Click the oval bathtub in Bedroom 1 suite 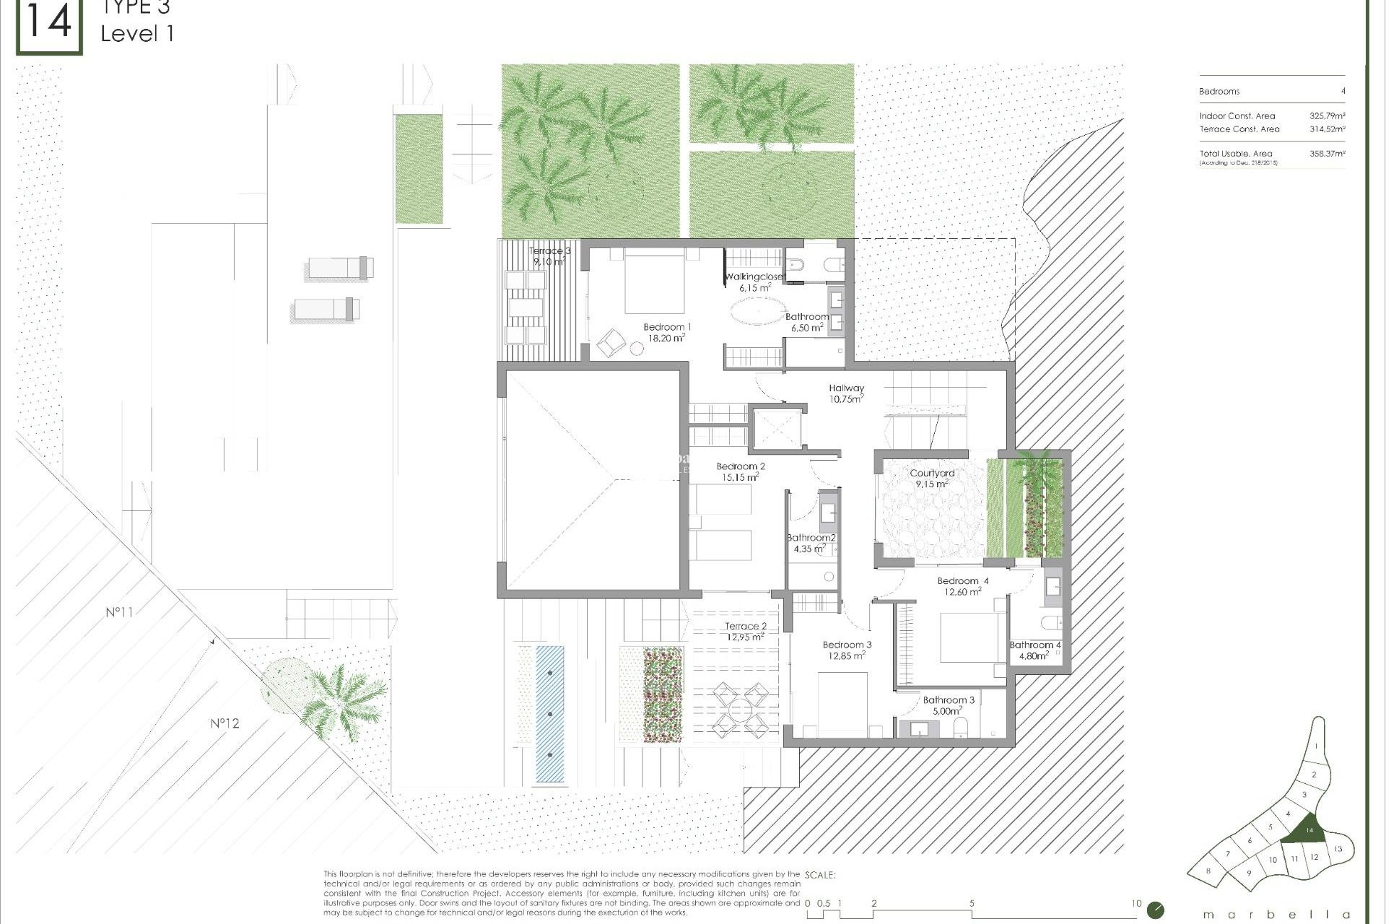pyautogui.click(x=757, y=313)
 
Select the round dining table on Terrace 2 pyautogui.click(x=741, y=710)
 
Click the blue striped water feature pyautogui.click(x=550, y=713)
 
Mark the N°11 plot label pyautogui.click(x=119, y=612)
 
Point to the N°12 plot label pyautogui.click(x=225, y=723)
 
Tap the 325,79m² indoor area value pyautogui.click(x=1327, y=115)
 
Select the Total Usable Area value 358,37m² pyautogui.click(x=1327, y=153)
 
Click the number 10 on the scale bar pyautogui.click(x=1136, y=903)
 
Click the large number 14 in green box pyautogui.click(x=49, y=23)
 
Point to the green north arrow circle pyautogui.click(x=1156, y=910)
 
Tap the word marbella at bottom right pyautogui.click(x=1276, y=915)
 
